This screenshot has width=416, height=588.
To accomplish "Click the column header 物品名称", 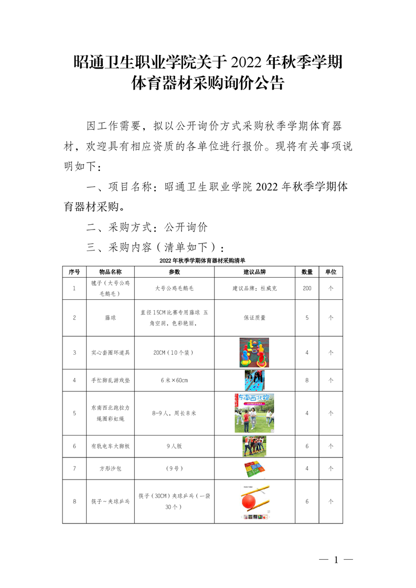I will coord(110,272).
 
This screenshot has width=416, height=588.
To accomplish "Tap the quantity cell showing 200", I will coord(307,288).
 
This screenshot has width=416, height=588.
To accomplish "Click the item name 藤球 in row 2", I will coord(110,318).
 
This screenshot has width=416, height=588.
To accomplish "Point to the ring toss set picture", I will coord(254,352).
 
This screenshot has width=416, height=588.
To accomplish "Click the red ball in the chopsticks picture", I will coord(250,502).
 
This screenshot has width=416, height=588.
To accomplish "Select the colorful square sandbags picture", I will coord(254,469).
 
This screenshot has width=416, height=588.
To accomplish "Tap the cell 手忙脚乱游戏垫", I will coord(110,380).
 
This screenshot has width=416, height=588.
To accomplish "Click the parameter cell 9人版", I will coord(174,447).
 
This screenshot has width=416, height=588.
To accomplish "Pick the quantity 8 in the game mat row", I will coord(307,380).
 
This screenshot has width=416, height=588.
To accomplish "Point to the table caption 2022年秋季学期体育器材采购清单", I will coord(202,260).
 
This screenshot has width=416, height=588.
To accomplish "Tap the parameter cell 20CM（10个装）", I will coord(174,353).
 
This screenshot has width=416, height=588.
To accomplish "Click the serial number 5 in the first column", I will coord(74,413).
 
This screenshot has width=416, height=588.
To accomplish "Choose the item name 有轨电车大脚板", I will coord(110,447).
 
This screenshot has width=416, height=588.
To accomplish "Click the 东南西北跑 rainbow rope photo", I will coord(254,413).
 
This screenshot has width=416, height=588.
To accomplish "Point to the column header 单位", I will coord(330,272).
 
